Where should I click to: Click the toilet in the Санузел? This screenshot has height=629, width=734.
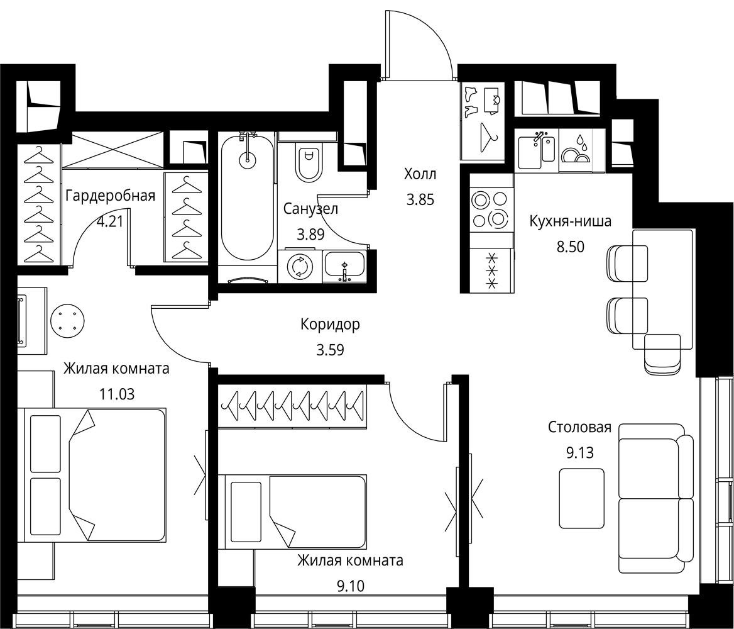[307, 163]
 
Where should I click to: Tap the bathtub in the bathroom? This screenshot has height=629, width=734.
[248, 197]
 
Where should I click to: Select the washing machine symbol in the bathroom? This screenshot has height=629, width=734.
[300, 266]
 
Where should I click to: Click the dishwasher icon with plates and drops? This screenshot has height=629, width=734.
[576, 150]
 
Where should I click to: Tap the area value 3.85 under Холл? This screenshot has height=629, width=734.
[420, 199]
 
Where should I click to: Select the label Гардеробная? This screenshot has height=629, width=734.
[110, 196]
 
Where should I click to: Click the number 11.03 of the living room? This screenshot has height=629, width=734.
[117, 394]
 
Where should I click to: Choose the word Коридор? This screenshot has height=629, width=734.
[330, 325]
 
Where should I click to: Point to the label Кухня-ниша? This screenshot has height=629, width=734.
[570, 221]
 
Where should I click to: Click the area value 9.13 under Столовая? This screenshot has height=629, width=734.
[579, 453]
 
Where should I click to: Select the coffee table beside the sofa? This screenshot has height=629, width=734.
[582, 492]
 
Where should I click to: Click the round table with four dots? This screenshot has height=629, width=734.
[67, 321]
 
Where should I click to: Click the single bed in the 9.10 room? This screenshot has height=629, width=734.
[292, 511]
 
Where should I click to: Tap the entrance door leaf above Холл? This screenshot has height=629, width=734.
[386, 43]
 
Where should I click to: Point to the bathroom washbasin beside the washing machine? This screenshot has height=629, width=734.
[345, 265]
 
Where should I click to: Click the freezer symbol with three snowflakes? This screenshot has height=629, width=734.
[491, 270]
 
